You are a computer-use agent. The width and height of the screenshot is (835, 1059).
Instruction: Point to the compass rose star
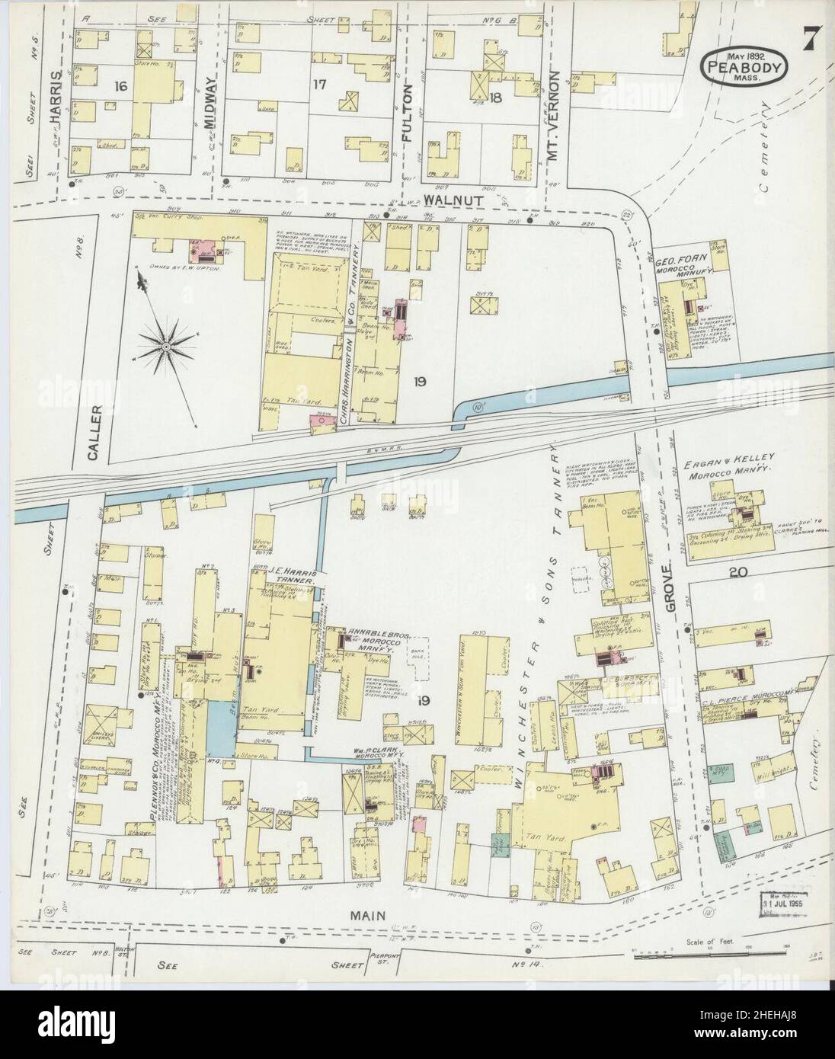(165, 348)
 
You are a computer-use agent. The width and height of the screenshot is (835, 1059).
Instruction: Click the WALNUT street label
(447, 198)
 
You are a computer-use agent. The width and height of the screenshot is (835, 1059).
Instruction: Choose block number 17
(318, 85)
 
